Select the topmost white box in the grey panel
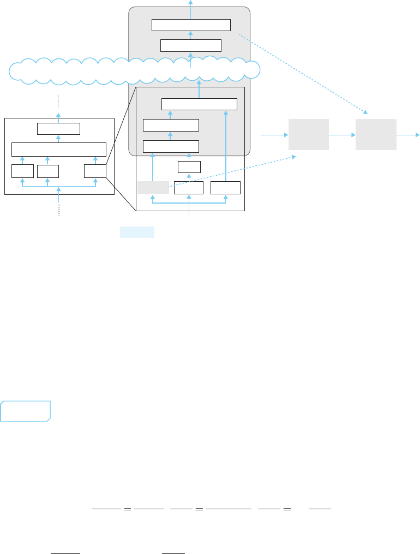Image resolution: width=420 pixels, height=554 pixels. click(191, 25)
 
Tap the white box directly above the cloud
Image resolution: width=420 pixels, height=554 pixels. click(191, 45)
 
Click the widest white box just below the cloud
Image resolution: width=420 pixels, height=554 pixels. click(200, 104)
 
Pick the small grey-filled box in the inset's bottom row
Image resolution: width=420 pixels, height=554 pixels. click(153, 188)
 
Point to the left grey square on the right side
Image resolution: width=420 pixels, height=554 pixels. click(308, 134)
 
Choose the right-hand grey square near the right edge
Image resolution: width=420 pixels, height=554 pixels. click(376, 134)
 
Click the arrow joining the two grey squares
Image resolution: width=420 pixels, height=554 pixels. click(342, 134)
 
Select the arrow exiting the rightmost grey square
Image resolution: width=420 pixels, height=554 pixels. click(407, 134)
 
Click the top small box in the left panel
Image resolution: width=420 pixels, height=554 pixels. click(59, 129)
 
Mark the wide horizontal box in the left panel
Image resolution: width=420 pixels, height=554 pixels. click(59, 149)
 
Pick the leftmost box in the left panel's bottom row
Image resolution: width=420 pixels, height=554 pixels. click(22, 171)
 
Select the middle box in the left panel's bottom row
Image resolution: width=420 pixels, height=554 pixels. click(48, 171)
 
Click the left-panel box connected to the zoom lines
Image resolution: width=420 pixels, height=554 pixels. click(95, 171)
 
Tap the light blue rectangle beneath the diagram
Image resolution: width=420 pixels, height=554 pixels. click(137, 232)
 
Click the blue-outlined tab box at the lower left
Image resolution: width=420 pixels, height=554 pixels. click(26, 411)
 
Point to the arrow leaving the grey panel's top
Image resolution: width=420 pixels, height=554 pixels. click(191, 4)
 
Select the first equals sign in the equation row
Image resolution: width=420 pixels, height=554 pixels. click(127, 509)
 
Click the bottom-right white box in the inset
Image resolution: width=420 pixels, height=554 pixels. click(225, 188)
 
